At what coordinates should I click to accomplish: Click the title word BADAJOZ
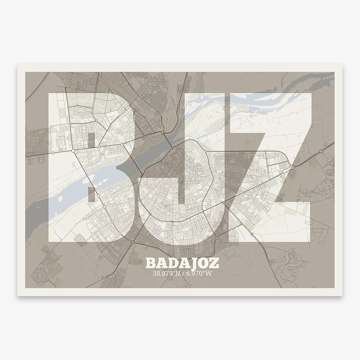point(182,263)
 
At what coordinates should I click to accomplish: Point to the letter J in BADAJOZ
point(193,263)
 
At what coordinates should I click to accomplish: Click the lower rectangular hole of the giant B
point(91,195)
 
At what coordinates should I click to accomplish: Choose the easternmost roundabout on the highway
point(321,152)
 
